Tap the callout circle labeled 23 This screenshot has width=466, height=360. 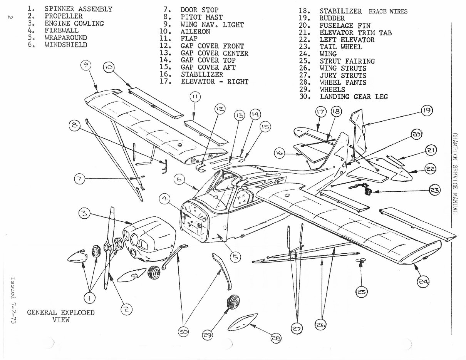[x=431, y=191]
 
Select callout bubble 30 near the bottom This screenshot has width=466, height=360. [x=184, y=332]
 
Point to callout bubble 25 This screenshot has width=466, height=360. [x=361, y=292]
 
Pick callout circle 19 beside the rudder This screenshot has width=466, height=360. [x=427, y=111]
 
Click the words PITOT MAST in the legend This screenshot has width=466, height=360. [x=201, y=17]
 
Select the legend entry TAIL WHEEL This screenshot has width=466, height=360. [x=340, y=47]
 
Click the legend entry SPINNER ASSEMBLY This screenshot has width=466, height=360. [x=78, y=8]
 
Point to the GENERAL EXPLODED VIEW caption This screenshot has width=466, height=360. [x=61, y=316]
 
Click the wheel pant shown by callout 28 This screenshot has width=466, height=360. [x=243, y=321]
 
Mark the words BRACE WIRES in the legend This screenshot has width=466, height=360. [x=387, y=11]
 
